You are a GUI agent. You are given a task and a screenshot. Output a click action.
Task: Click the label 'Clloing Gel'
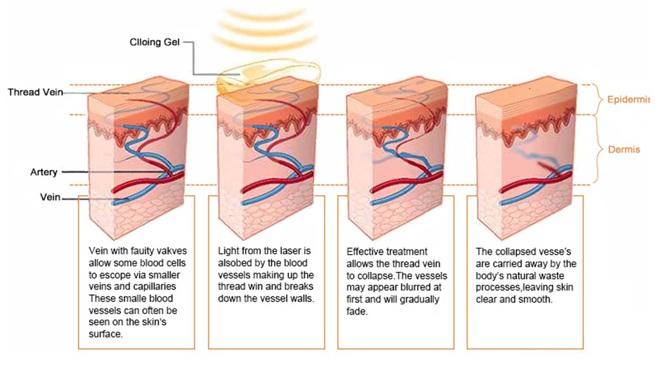click(x=155, y=42)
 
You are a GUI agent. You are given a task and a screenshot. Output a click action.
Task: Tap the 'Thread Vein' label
click(x=36, y=92)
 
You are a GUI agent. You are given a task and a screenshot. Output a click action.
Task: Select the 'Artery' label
click(x=44, y=172)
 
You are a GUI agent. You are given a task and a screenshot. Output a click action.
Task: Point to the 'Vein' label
click(x=50, y=197)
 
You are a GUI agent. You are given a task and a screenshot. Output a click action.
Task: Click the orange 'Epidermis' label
click(x=628, y=99)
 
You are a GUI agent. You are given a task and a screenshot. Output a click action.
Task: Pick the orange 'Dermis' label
click(x=624, y=149)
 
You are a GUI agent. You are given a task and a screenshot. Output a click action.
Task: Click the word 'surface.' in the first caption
click(x=106, y=334)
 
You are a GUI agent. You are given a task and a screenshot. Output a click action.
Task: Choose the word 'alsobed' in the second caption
click(x=234, y=263)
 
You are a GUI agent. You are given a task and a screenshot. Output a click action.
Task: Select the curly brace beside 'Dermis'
click(x=598, y=149)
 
